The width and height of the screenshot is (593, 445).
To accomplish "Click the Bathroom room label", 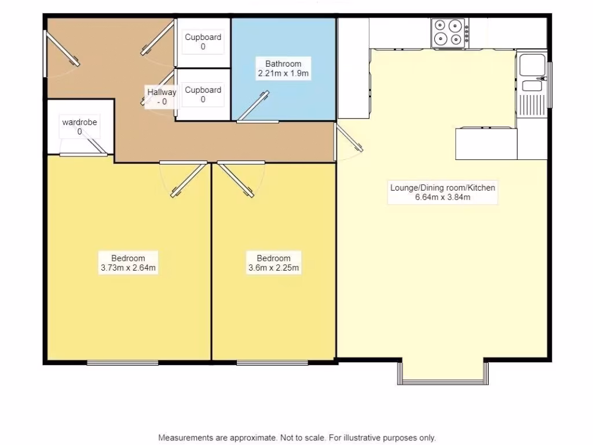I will [283, 64].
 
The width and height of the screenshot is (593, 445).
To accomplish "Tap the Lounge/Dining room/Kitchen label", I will [442, 188].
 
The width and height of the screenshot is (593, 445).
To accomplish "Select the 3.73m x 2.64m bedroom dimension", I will [128, 268].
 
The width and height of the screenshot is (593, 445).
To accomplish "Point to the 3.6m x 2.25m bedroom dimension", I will [273, 268].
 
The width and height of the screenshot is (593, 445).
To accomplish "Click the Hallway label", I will [161, 92].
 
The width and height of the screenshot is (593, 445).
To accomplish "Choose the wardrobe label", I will [79, 122].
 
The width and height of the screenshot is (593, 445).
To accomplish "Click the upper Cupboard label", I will [203, 37].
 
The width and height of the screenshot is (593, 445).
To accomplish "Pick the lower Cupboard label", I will [203, 90].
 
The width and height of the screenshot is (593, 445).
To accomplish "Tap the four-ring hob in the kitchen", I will [450, 32].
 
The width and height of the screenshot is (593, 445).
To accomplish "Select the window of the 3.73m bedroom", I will [122, 363].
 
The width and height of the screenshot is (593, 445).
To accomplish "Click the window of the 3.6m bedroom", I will [272, 363].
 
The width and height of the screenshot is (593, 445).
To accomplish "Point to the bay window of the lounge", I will [443, 381].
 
